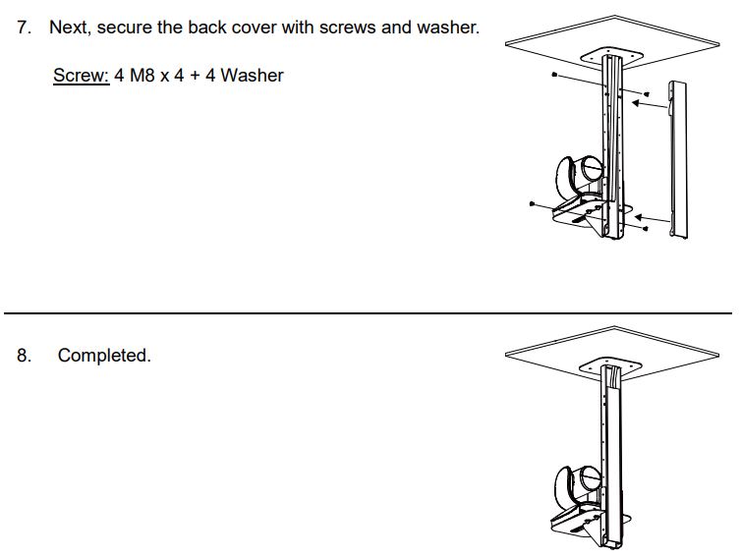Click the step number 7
24,28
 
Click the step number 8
24,356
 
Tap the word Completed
104,356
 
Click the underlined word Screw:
81,76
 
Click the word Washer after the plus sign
252,76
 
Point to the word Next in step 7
69,28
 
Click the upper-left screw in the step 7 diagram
555,74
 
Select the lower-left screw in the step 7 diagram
532,204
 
